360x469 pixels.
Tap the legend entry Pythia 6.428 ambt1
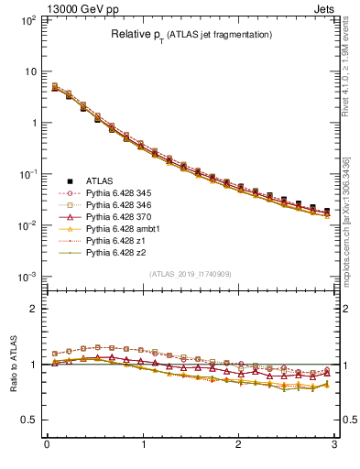(120, 235)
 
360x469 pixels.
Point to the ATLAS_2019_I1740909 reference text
(190, 274)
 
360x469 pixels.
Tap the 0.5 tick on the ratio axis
(29, 420)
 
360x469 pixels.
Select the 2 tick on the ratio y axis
(33, 309)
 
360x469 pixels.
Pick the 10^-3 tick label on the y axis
(27, 277)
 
